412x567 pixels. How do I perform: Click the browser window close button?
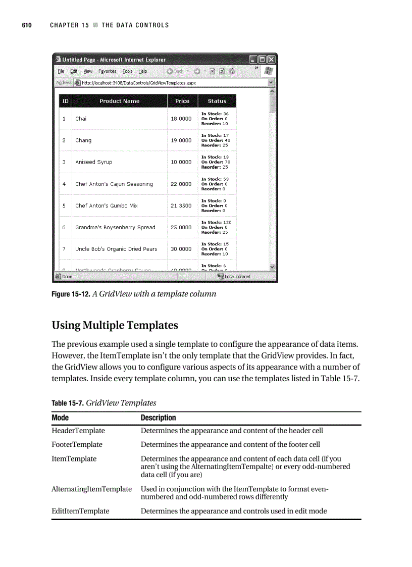[271, 60]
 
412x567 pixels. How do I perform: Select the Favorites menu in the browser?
[107, 71]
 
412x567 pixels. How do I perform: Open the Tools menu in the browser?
[127, 71]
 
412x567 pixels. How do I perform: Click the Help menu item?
[143, 71]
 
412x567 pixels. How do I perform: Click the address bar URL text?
[138, 83]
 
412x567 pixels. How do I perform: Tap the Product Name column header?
[119, 101]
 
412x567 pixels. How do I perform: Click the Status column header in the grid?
[217, 101]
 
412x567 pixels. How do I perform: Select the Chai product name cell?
[81, 119]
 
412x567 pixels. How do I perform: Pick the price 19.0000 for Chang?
[181, 140]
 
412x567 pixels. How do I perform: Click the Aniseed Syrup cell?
[94, 162]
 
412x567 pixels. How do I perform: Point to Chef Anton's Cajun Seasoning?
[114, 184]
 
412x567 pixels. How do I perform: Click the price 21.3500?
[181, 205]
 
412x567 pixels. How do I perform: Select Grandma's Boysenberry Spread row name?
[115, 227]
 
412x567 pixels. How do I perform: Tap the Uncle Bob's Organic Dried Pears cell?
[116, 249]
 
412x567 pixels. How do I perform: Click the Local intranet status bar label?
[237, 277]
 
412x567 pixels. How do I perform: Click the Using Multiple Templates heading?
[115, 325]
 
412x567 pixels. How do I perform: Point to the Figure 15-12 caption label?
[71, 294]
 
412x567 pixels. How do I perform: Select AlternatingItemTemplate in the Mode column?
[91, 489]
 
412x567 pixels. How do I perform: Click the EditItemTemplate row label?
[80, 511]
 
